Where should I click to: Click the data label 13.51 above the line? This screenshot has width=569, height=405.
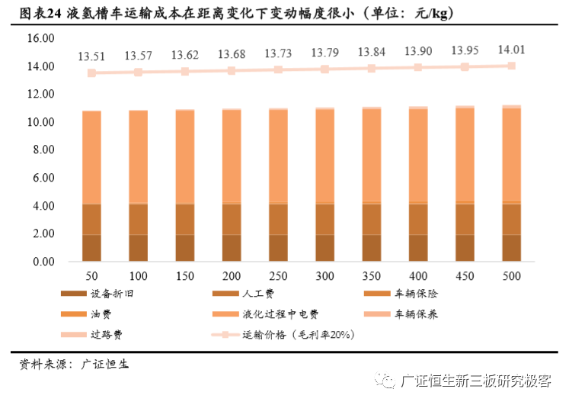point(91,56)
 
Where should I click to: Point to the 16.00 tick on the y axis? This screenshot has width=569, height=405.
point(40,39)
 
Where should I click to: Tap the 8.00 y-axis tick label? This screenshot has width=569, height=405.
point(42,150)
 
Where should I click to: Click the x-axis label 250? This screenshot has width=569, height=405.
point(278,276)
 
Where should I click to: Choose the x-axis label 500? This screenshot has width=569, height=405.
point(512,276)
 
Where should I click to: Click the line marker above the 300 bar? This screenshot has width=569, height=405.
point(325,69)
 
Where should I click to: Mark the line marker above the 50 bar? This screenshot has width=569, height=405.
point(91,73)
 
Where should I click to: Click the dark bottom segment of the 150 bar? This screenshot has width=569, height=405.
point(185,248)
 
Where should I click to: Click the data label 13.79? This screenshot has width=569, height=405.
point(325,53)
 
